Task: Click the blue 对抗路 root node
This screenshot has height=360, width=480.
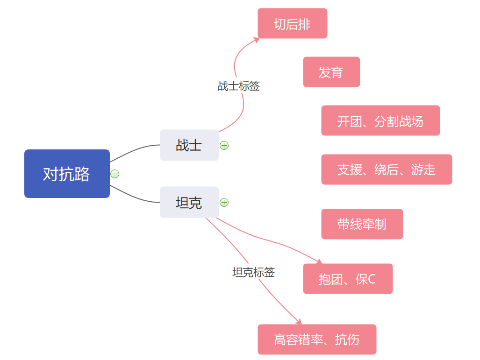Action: tap(67, 174)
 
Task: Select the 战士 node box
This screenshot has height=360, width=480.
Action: tap(189, 145)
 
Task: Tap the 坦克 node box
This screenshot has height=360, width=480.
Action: tap(189, 202)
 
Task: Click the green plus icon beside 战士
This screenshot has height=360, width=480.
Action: tap(224, 145)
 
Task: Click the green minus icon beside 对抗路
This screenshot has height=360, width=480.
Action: tap(115, 174)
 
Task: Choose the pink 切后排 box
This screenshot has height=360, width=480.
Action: tap(293, 23)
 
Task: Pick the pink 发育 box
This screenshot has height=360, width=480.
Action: tap(331, 72)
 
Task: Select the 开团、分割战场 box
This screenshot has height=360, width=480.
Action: tap(380, 120)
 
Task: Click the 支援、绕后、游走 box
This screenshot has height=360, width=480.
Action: tap(387, 169)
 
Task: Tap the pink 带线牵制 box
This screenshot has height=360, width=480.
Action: tap(362, 224)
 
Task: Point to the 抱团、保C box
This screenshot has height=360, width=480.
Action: tap(348, 279)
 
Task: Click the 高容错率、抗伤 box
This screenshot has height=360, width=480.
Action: tap(317, 339)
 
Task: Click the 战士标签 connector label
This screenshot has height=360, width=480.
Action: tap(239, 86)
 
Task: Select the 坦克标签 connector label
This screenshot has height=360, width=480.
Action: tap(253, 272)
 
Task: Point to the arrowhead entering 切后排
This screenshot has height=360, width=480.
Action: tap(256, 40)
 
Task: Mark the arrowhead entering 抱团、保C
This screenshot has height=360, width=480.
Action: tap(319, 261)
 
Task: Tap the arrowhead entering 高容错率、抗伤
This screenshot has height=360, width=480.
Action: tap(299, 321)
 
